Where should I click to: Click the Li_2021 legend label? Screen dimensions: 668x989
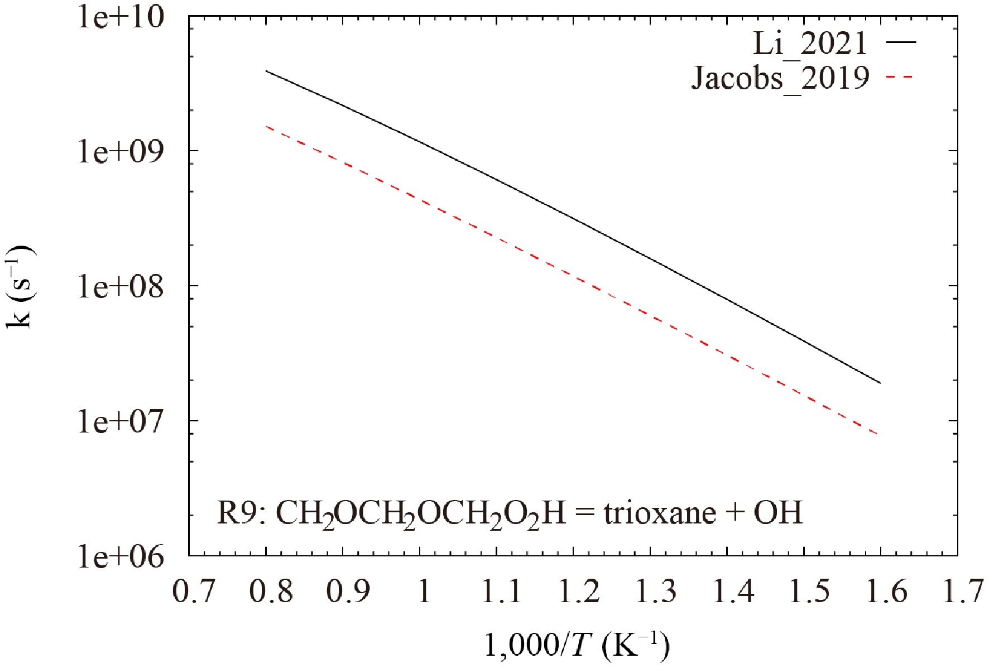tap(810, 44)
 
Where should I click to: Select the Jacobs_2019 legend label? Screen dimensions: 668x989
tap(780, 78)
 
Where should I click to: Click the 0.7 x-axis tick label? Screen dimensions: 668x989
tap(194, 590)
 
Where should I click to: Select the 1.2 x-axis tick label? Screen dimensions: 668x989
tap(579, 590)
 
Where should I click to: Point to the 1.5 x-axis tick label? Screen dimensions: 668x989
tap(810, 590)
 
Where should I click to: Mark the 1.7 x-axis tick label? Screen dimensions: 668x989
tap(963, 590)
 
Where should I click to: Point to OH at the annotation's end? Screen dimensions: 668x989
tap(778, 512)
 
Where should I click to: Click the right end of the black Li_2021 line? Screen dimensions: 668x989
tap(880, 383)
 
